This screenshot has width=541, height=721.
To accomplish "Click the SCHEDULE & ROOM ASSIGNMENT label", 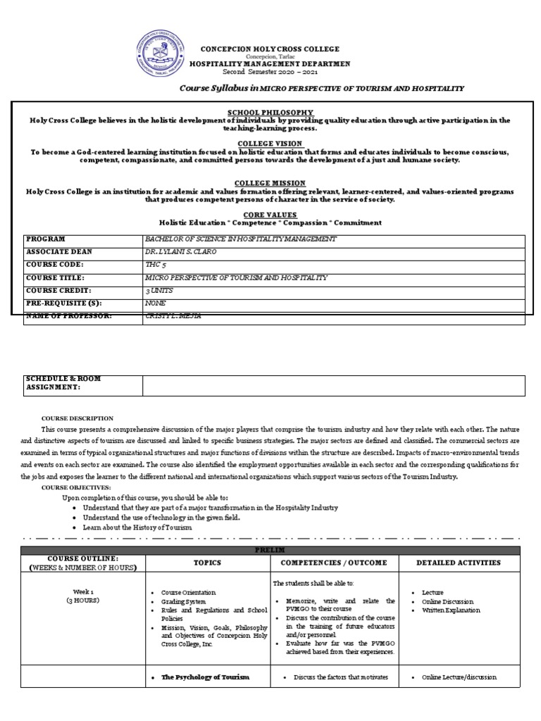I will [x=63, y=383].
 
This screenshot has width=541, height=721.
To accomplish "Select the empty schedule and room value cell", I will [x=333, y=386].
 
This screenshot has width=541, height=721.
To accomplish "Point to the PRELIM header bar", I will [x=270, y=550].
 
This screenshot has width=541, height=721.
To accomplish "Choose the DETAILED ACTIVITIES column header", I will [x=459, y=563].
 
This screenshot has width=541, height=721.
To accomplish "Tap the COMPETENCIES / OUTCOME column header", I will [x=334, y=563].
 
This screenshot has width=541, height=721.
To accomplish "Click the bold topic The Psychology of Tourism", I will [x=205, y=677].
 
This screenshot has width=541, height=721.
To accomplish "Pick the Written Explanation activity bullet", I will [x=451, y=610].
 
